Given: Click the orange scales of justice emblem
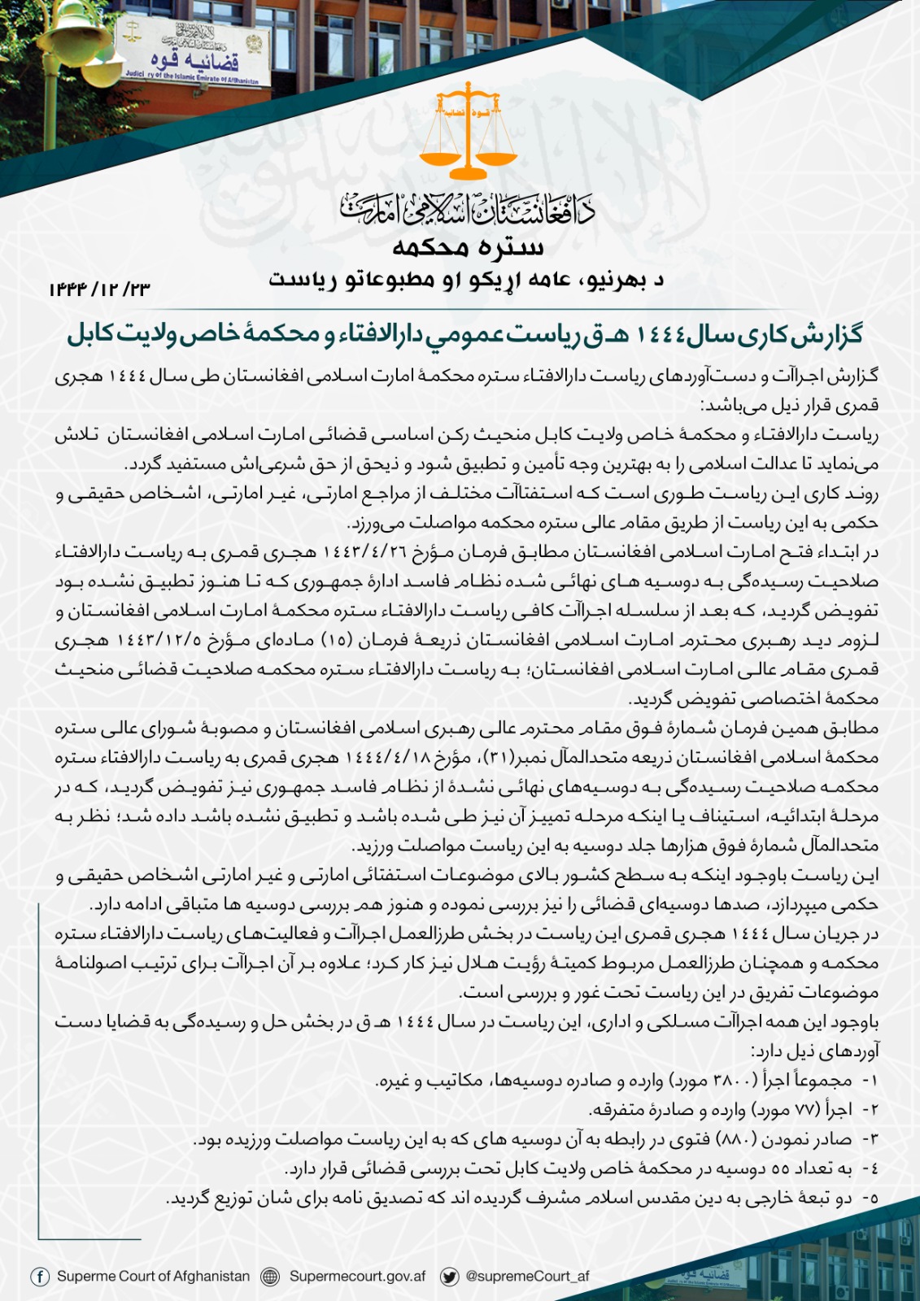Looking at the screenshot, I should coord(468,134).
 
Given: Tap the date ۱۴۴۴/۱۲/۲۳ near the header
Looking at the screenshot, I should coord(99,289).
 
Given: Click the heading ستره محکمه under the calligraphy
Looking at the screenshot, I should coord(468,247).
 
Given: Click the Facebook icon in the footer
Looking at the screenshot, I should coord(40,1276).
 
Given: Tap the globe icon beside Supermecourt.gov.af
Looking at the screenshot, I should coord(270,1276).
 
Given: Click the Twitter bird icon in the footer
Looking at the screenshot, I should coord(448,1276).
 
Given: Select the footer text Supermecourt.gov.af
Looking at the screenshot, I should coord(357,1276).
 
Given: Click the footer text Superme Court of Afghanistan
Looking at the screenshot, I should coord(153,1276).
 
